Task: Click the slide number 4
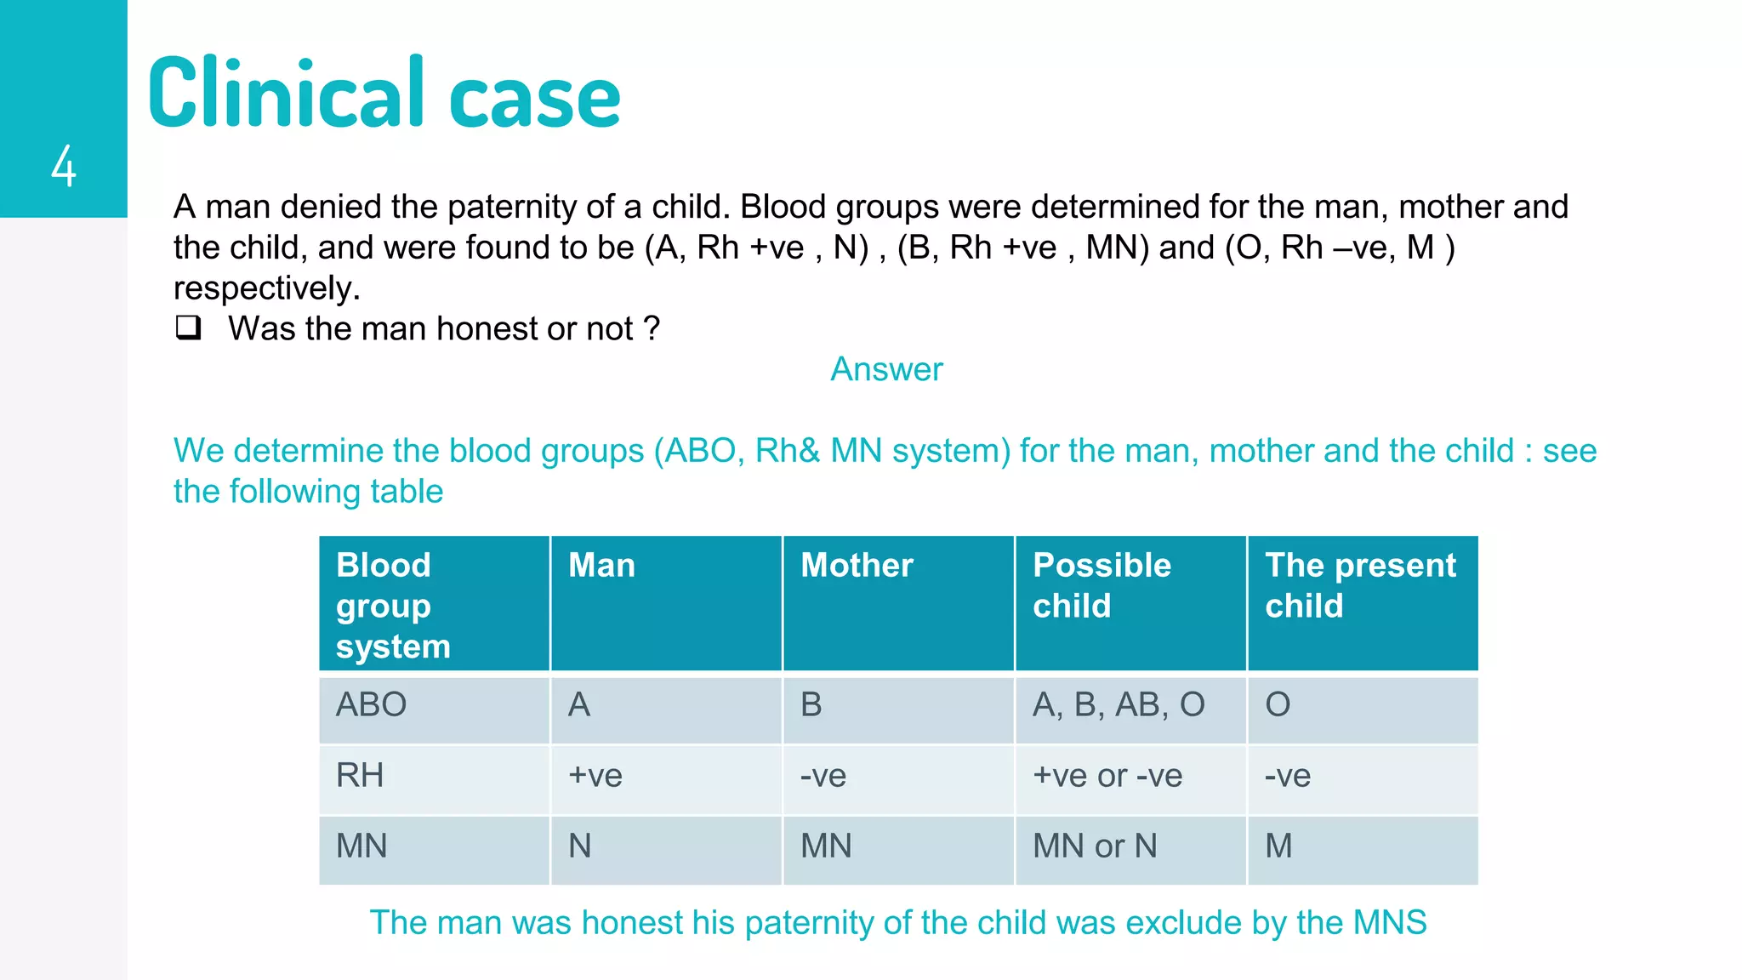64,166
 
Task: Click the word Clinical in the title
286,94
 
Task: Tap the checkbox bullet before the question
188,328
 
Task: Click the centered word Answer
886,369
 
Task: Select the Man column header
601,566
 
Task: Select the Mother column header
857,566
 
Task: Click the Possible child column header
1102,585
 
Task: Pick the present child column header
1360,585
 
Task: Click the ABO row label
371,704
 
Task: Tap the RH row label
360,775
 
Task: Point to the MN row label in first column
361,846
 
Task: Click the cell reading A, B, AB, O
1119,704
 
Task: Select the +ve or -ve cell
1107,775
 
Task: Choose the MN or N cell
1095,846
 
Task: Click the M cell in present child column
1278,846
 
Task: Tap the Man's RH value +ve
595,775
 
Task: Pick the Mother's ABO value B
811,704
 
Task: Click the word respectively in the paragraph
266,288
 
